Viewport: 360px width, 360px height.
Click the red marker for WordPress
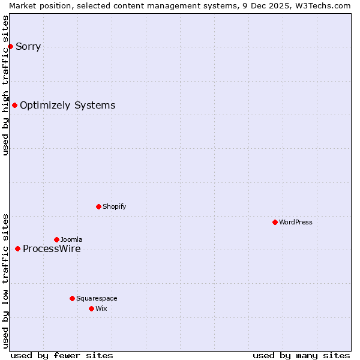tap(275, 222)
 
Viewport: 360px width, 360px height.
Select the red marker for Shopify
tap(98, 206)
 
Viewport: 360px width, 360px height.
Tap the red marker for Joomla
tap(56, 239)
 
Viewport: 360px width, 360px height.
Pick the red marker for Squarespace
tap(72, 298)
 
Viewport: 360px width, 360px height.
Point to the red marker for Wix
tap(91, 308)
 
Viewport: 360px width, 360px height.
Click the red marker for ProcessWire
tap(17, 248)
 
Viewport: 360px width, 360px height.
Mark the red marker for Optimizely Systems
tap(14, 106)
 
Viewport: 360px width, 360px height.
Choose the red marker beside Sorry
tap(10, 46)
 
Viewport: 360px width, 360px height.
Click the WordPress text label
tap(296, 222)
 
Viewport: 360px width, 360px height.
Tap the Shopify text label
tap(115, 206)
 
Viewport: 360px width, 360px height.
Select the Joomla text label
tap(71, 239)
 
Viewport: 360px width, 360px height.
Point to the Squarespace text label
tap(97, 298)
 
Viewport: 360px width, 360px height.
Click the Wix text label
tap(101, 308)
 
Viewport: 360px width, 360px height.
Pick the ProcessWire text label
tap(52, 249)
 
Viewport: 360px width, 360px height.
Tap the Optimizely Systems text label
tap(67, 106)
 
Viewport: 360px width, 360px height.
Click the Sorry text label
tap(28, 47)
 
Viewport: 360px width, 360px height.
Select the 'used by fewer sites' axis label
tap(62, 355)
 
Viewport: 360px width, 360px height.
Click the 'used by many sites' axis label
tap(301, 355)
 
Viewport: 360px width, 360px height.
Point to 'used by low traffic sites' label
tap(6, 281)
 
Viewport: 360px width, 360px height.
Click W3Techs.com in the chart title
tap(321, 5)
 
